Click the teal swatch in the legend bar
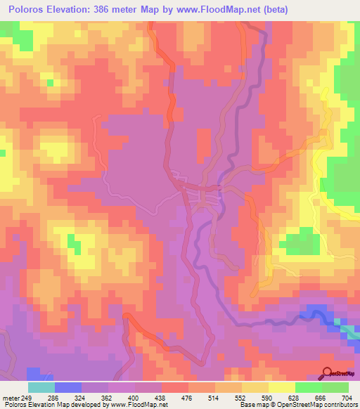pyautogui.click(x=41, y=387)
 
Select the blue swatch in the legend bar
pyautogui.click(x=67, y=387)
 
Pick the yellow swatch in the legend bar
pyautogui.click(x=281, y=387)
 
